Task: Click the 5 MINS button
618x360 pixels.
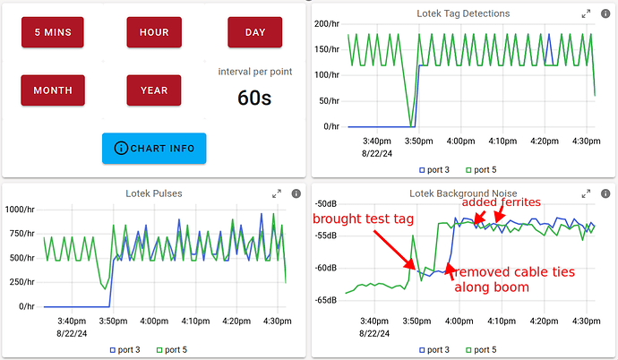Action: [x=53, y=33]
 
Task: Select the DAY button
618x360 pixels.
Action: [x=255, y=33]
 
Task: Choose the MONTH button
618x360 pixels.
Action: [x=53, y=90]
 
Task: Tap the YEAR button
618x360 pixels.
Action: [x=154, y=90]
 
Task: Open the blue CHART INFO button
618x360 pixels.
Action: [x=154, y=148]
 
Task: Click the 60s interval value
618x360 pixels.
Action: [x=254, y=97]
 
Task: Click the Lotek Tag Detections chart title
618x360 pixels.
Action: [x=464, y=13]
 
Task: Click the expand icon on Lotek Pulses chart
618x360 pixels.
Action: [x=277, y=193]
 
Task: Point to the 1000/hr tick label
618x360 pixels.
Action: [x=20, y=210]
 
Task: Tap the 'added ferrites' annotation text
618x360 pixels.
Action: [x=502, y=202]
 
